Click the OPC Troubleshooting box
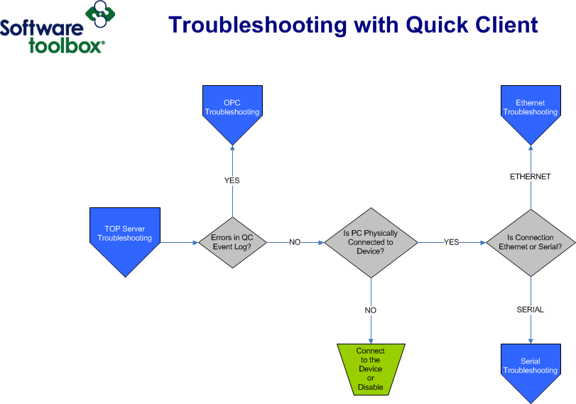click(232, 108)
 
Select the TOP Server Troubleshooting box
click(124, 234)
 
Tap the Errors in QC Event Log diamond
click(232, 242)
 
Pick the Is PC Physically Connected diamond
click(371, 242)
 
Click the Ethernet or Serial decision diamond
click(531, 242)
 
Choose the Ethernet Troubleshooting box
click(531, 108)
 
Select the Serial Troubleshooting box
click(531, 366)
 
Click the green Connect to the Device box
click(371, 369)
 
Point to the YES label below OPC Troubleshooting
click(232, 180)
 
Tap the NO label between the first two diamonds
click(295, 242)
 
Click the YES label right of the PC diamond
click(452, 242)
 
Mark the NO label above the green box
click(371, 310)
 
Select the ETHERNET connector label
click(531, 177)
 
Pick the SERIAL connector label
click(531, 310)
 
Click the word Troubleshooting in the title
click(258, 26)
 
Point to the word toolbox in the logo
click(65, 46)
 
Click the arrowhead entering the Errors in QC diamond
click(196, 242)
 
